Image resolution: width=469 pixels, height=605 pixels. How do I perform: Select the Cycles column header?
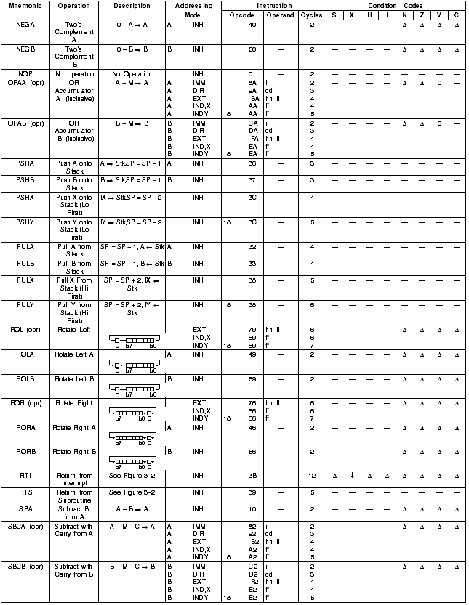(x=311, y=15)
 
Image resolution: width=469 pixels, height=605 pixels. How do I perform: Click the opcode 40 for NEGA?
(x=252, y=25)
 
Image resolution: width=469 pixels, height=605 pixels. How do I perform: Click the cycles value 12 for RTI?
(x=311, y=476)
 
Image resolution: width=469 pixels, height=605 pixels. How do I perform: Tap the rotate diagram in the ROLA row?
(x=132, y=365)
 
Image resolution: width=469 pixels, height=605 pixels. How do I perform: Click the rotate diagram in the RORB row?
(x=132, y=458)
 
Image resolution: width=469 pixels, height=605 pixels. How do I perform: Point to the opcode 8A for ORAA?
(x=252, y=83)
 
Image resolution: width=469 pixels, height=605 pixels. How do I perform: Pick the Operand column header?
(x=280, y=15)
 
